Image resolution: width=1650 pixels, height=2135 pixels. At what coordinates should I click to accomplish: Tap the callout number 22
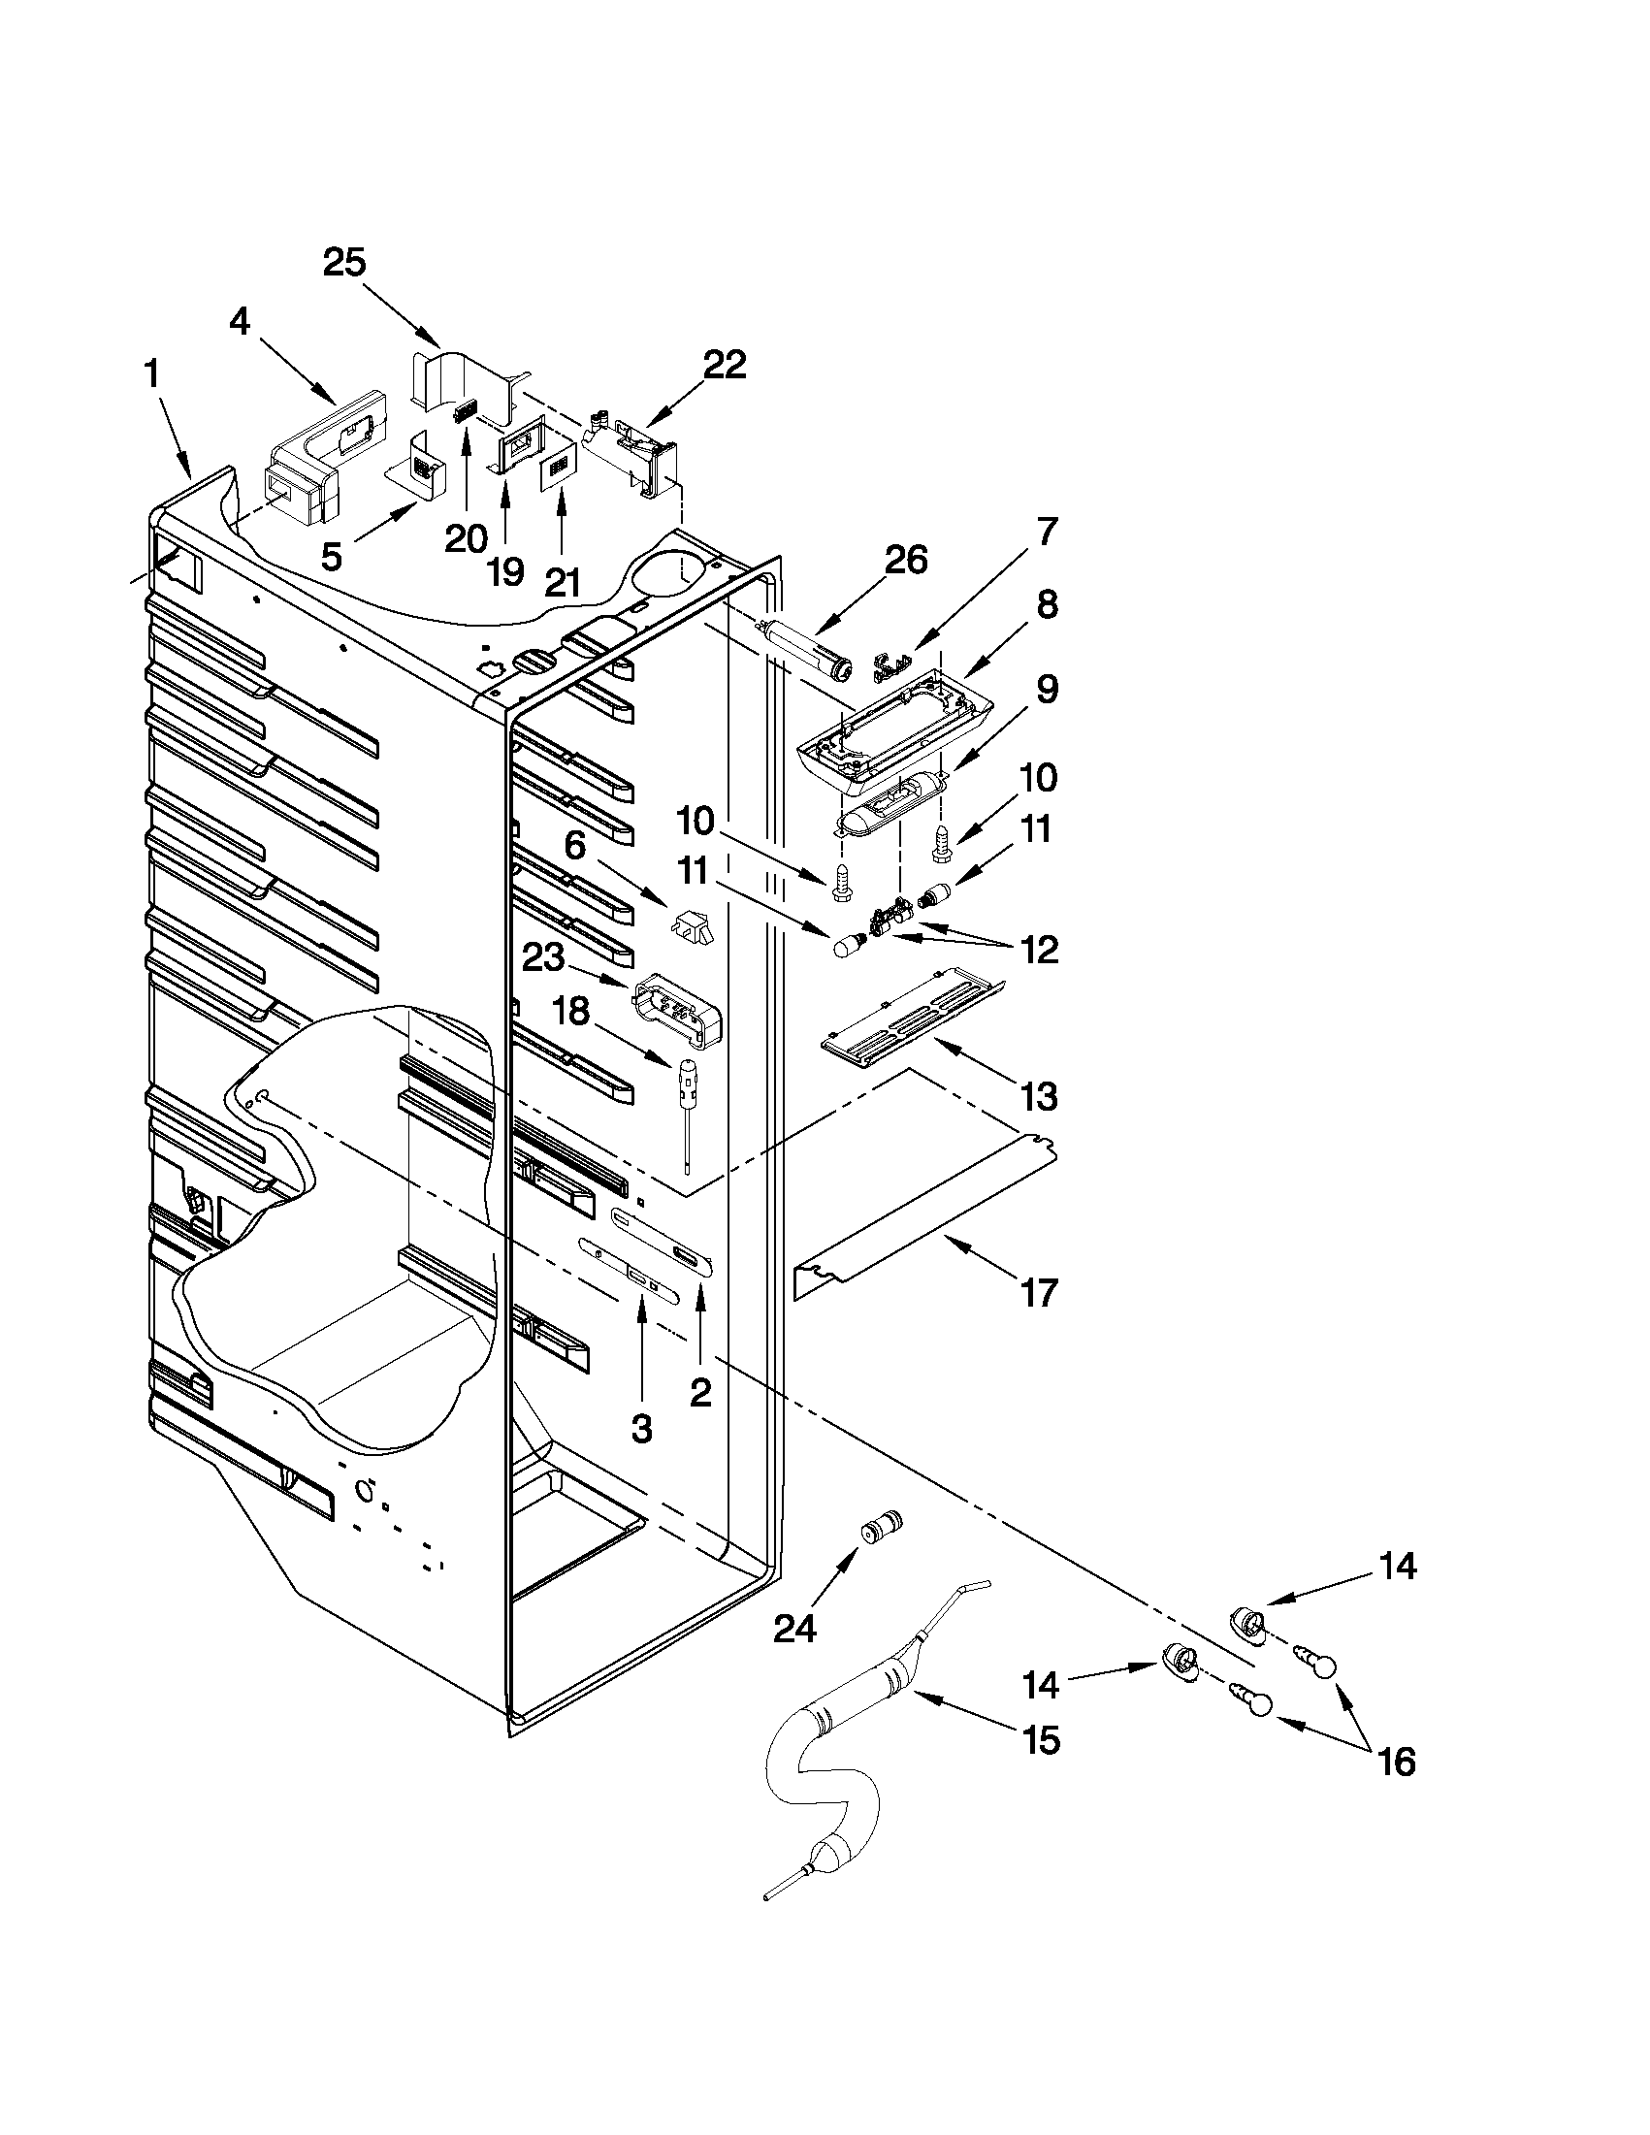click(725, 365)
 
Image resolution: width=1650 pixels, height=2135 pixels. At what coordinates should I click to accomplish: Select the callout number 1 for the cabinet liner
click(152, 374)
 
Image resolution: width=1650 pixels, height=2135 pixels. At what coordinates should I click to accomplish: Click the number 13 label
click(1039, 1097)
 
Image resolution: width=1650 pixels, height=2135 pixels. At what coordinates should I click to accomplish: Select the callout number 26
click(905, 561)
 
